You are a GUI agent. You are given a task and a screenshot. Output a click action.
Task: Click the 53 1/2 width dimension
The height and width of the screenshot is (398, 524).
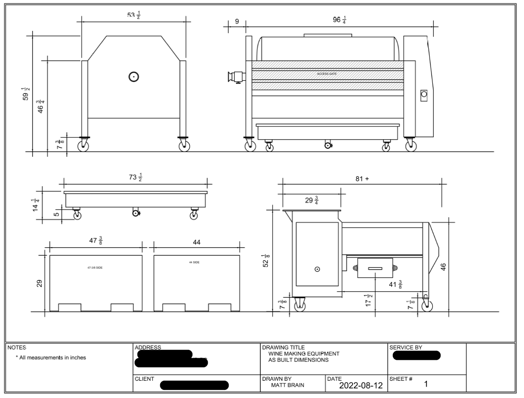[x=133, y=15]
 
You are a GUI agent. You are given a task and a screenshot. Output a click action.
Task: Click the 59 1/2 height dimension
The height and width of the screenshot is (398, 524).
[x=26, y=93]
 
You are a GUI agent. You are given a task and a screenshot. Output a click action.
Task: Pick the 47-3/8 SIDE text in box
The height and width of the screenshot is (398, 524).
[x=95, y=268]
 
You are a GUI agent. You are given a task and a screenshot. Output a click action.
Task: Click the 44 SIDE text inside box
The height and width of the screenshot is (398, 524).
[x=195, y=262]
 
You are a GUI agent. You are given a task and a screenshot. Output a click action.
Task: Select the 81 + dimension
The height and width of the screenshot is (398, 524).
[x=362, y=179]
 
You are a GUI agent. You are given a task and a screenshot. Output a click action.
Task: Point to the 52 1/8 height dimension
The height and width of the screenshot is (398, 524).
[x=268, y=261]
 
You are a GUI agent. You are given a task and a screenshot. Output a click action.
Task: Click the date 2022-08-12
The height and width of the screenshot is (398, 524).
[x=361, y=386]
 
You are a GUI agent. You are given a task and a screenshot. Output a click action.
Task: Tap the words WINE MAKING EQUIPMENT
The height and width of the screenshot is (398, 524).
[x=304, y=353]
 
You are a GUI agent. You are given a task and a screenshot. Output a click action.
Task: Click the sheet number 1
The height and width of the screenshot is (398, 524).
[x=426, y=384]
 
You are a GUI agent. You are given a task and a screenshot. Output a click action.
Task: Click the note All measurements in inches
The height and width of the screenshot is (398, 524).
[x=51, y=357]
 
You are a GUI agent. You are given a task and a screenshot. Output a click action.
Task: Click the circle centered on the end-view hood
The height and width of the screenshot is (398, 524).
[x=133, y=77]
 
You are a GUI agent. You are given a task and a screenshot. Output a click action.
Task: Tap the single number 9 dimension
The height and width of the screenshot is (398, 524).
[x=237, y=21]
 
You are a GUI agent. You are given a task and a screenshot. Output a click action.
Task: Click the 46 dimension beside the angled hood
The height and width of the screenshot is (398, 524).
[x=444, y=267]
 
